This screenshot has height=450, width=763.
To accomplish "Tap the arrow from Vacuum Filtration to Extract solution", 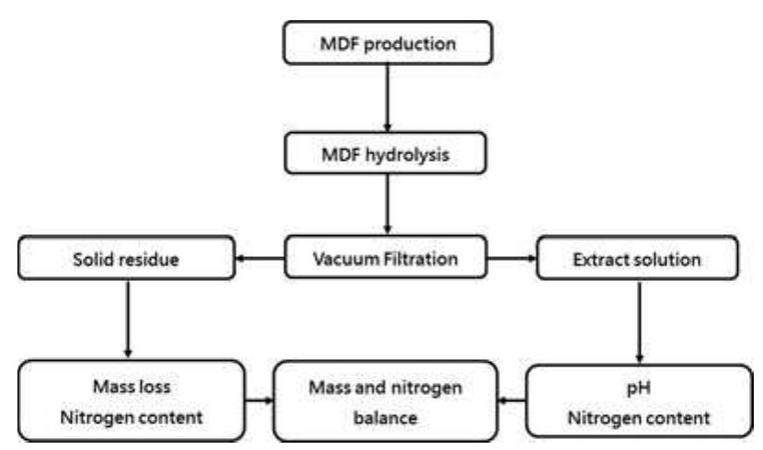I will pyautogui.click(x=511, y=260).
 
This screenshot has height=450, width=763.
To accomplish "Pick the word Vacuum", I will pyautogui.click(x=352, y=259).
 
